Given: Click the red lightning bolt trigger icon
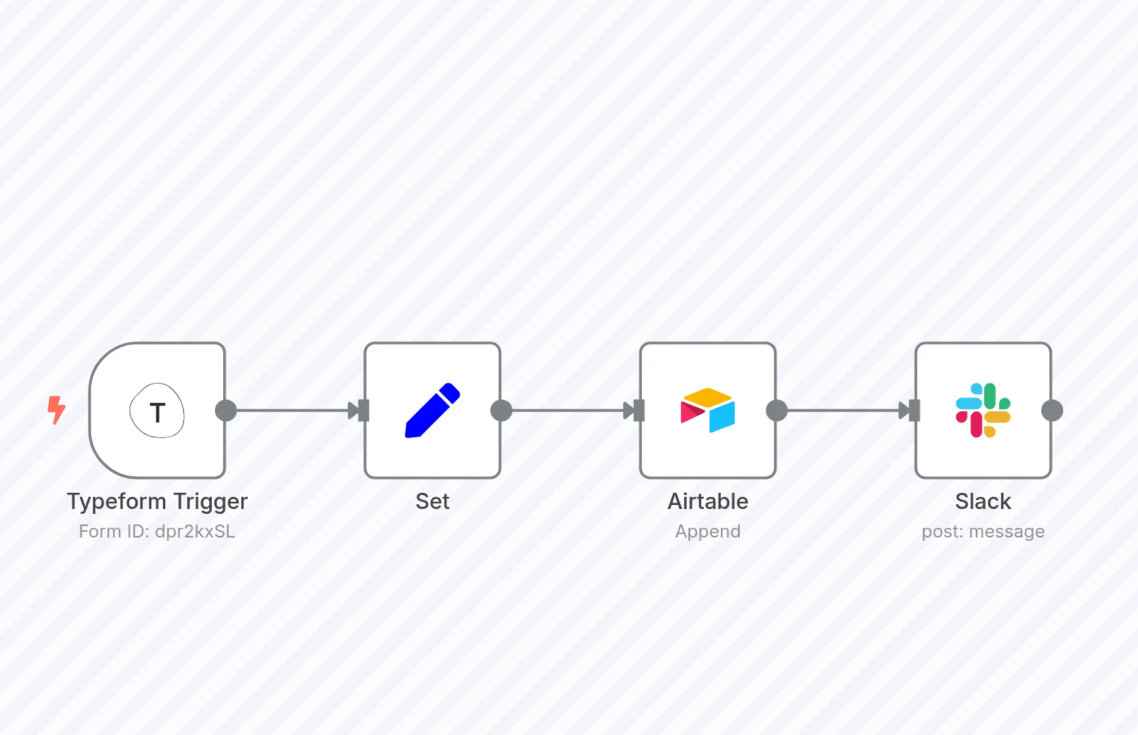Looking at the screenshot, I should pyautogui.click(x=56, y=410).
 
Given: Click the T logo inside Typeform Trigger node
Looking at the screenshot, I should pyautogui.click(x=157, y=410).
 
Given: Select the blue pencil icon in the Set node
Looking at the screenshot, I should pyautogui.click(x=433, y=410).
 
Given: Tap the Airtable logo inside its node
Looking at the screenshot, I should pyautogui.click(x=707, y=410).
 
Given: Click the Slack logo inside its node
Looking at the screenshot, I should pyautogui.click(x=983, y=410).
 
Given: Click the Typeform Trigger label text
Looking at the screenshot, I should pyautogui.click(x=157, y=502).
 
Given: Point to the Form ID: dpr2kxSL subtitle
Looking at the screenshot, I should pyautogui.click(x=157, y=532).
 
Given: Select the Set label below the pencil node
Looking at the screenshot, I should pyautogui.click(x=433, y=502).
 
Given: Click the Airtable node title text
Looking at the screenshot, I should pyautogui.click(x=707, y=502).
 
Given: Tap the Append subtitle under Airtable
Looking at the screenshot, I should pyautogui.click(x=707, y=532).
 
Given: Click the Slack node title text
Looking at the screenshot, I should pyautogui.click(x=983, y=502).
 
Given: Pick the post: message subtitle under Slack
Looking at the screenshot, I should pyautogui.click(x=983, y=532).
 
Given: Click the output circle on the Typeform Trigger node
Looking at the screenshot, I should pyautogui.click(x=226, y=410).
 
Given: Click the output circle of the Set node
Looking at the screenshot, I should pyautogui.click(x=501, y=410).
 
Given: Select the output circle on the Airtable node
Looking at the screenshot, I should pyautogui.click(x=777, y=410).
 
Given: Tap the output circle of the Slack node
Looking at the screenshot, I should pyautogui.click(x=1052, y=410).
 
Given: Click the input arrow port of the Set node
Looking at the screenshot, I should pyautogui.click(x=359, y=410).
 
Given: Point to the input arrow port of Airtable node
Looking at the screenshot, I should pyautogui.click(x=635, y=410).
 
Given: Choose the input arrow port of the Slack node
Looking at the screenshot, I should pyautogui.click(x=910, y=410).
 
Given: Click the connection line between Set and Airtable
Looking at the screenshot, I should pyautogui.click(x=568, y=410).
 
